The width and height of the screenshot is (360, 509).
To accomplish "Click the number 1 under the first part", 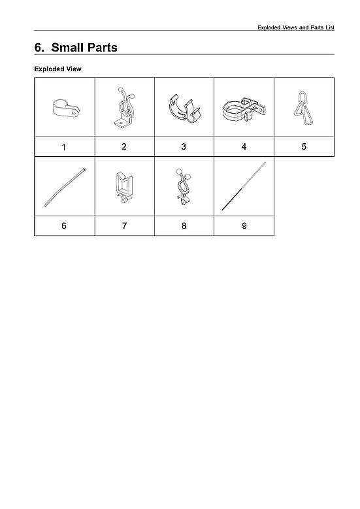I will [x=63, y=147].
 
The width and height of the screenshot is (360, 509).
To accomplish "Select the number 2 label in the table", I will [x=124, y=146].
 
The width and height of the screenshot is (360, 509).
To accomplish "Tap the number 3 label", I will [x=184, y=146].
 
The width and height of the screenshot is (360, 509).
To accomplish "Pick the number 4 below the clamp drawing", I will [x=244, y=146].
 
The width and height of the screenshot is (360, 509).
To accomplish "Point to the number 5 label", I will [x=304, y=146].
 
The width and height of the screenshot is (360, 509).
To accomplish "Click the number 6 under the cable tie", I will [x=63, y=225].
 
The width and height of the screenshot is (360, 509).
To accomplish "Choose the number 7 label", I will [x=124, y=225].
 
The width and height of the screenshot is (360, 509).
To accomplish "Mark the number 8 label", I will [x=184, y=225].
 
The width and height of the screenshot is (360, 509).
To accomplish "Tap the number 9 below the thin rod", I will [x=244, y=225].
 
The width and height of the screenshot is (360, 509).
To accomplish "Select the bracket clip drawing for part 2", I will [x=125, y=107].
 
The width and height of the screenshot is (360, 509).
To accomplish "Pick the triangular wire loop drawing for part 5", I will [x=302, y=107].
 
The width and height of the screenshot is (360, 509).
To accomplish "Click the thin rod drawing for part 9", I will [x=244, y=186].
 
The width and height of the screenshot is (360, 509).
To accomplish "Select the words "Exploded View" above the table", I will [x=57, y=69].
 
